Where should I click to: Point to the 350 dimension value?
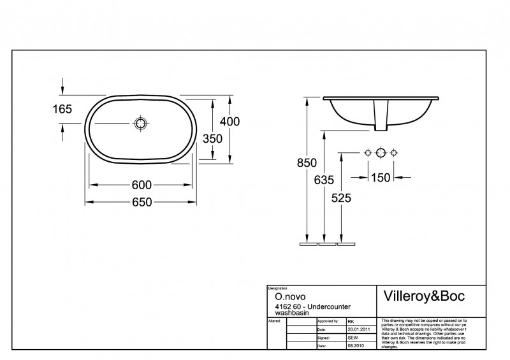(x=212, y=138)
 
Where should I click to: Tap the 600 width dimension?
(x=141, y=185)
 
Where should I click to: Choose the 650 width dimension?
(x=141, y=202)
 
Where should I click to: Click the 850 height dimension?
(x=307, y=163)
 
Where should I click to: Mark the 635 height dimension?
(x=324, y=180)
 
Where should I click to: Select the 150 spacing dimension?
(x=381, y=177)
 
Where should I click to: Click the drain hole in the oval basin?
(x=141, y=124)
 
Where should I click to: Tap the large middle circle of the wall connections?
(x=381, y=152)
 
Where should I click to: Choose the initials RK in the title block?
(x=351, y=322)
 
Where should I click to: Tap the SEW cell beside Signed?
(x=353, y=337)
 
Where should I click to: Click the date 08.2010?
(x=355, y=345)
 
